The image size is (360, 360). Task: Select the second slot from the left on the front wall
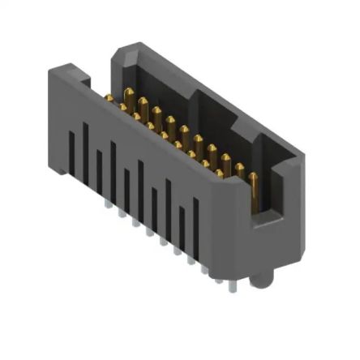coord(84,146)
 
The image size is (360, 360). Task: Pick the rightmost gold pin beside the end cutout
coord(254,191)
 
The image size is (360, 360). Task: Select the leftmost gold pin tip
coord(108,98)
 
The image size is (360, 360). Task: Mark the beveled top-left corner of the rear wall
coord(118,53)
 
